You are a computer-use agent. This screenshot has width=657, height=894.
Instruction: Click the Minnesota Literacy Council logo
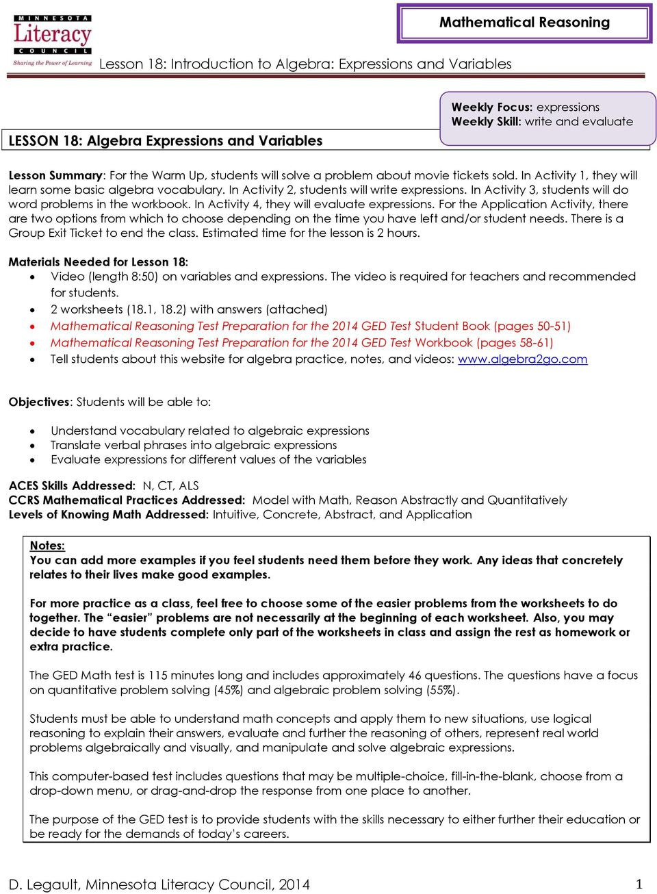click(x=52, y=40)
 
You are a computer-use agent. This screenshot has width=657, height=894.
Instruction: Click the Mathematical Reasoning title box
click(x=524, y=23)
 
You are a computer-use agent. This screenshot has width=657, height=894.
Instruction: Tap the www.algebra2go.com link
click(x=522, y=359)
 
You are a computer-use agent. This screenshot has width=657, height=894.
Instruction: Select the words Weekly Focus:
click(x=491, y=107)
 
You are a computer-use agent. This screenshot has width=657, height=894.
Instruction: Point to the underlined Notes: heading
click(x=47, y=546)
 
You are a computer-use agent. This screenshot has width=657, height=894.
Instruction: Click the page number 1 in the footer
click(x=639, y=884)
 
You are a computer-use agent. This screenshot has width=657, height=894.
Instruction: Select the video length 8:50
click(x=144, y=277)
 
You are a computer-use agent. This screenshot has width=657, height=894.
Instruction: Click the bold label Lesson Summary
click(x=55, y=175)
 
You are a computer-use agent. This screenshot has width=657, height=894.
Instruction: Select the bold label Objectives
click(x=39, y=402)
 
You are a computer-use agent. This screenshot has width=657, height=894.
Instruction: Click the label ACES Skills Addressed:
click(x=72, y=486)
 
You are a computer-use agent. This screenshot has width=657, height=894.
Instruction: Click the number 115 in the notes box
click(x=157, y=676)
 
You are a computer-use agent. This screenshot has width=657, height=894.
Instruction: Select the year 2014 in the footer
click(x=294, y=884)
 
